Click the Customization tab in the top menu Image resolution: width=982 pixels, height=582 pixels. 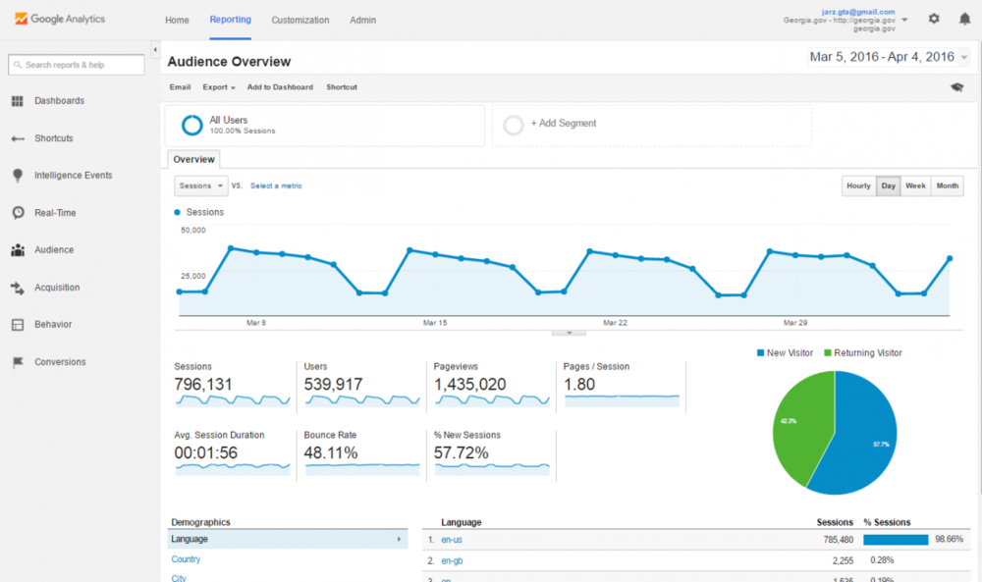click(x=300, y=20)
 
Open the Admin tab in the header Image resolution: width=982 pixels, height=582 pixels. click(x=362, y=20)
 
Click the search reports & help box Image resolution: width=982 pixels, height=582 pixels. click(x=77, y=65)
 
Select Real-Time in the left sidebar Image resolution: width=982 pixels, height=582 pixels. click(x=55, y=213)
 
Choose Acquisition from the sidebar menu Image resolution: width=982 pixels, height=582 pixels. click(x=57, y=288)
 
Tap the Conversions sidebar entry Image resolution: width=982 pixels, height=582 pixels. click(x=60, y=362)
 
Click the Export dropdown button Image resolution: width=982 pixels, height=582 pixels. click(x=218, y=87)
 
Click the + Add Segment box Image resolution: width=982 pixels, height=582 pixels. click(x=651, y=125)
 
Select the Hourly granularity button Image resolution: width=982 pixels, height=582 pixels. click(x=858, y=185)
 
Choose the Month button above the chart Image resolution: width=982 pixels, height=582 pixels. click(x=947, y=185)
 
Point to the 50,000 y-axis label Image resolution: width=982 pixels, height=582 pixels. click(x=193, y=231)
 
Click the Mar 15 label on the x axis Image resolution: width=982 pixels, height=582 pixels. click(x=435, y=323)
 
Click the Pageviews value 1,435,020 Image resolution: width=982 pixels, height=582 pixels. click(x=470, y=385)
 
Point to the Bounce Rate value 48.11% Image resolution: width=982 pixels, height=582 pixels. click(x=331, y=453)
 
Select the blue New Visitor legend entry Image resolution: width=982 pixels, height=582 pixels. click(x=786, y=353)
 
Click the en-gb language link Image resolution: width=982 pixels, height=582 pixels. click(x=452, y=560)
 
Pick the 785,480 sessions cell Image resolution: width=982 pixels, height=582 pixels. click(x=831, y=540)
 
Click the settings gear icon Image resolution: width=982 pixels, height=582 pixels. click(x=934, y=19)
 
